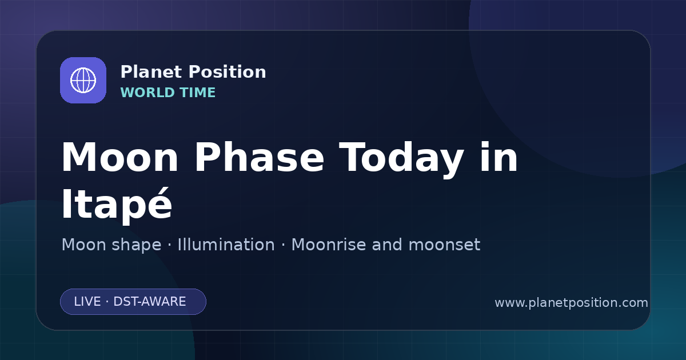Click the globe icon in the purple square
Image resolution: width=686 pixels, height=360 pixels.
coord(83,80)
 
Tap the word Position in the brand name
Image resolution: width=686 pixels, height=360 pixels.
coord(228,72)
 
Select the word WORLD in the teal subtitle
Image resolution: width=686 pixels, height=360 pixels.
coord(147,93)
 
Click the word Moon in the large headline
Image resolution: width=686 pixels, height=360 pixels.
coord(119,157)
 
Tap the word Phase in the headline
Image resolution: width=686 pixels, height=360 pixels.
coord(259,157)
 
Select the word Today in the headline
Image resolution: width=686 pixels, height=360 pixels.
coord(401,159)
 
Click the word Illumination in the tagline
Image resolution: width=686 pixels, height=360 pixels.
coord(226,245)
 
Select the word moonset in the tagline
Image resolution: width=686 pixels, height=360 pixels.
coord(444,245)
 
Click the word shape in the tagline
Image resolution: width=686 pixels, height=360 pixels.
coord(136,246)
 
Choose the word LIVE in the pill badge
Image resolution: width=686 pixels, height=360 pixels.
coord(87,302)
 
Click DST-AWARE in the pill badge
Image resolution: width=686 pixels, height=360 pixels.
coord(149,302)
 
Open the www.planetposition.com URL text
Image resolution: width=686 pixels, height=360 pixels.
coord(571,303)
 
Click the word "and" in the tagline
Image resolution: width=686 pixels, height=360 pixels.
coord(387,245)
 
